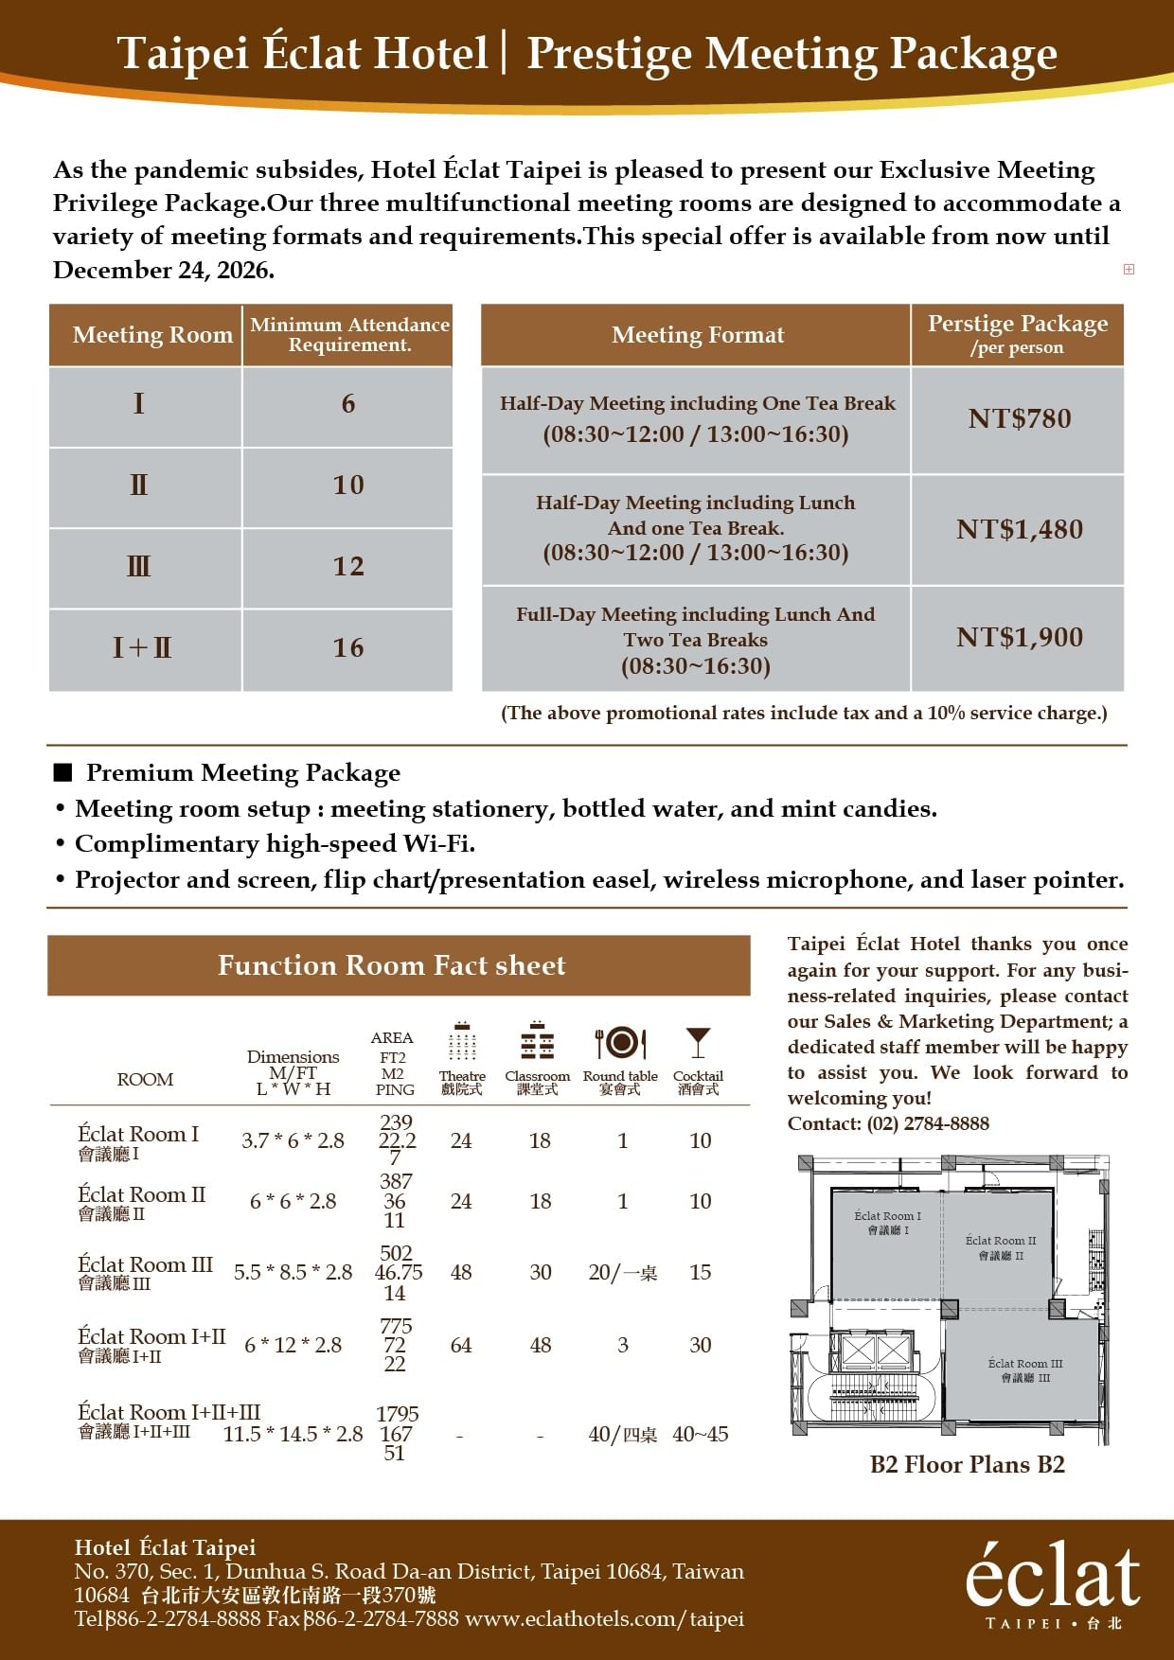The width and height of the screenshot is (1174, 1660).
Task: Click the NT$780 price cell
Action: pyautogui.click(x=1019, y=418)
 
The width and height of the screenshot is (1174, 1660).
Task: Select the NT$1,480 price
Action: pyautogui.click(x=1019, y=529)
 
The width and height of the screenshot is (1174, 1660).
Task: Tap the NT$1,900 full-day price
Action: pyautogui.click(x=1019, y=637)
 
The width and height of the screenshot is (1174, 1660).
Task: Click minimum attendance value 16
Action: pyautogui.click(x=347, y=648)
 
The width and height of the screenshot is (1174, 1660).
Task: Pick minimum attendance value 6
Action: pyautogui.click(x=347, y=404)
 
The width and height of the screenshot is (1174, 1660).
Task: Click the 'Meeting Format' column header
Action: pyautogui.click(x=697, y=335)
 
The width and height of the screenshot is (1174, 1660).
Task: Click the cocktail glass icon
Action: pyautogui.click(x=698, y=1042)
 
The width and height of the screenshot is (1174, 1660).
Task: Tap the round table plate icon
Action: pyautogui.click(x=620, y=1042)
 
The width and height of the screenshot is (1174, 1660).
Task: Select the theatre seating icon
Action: pyautogui.click(x=462, y=1042)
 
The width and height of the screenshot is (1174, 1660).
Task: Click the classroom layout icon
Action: pyautogui.click(x=537, y=1042)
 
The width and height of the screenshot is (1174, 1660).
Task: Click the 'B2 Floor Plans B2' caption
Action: pyautogui.click(x=967, y=1465)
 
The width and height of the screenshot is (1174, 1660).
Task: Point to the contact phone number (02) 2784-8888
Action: pyautogui.click(x=927, y=1123)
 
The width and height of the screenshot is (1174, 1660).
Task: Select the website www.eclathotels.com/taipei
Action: pyautogui.click(x=604, y=1619)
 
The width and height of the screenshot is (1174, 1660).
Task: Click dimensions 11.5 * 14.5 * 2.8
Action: pyautogui.click(x=293, y=1434)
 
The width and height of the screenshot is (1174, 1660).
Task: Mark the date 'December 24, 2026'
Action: pyautogui.click(x=163, y=271)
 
